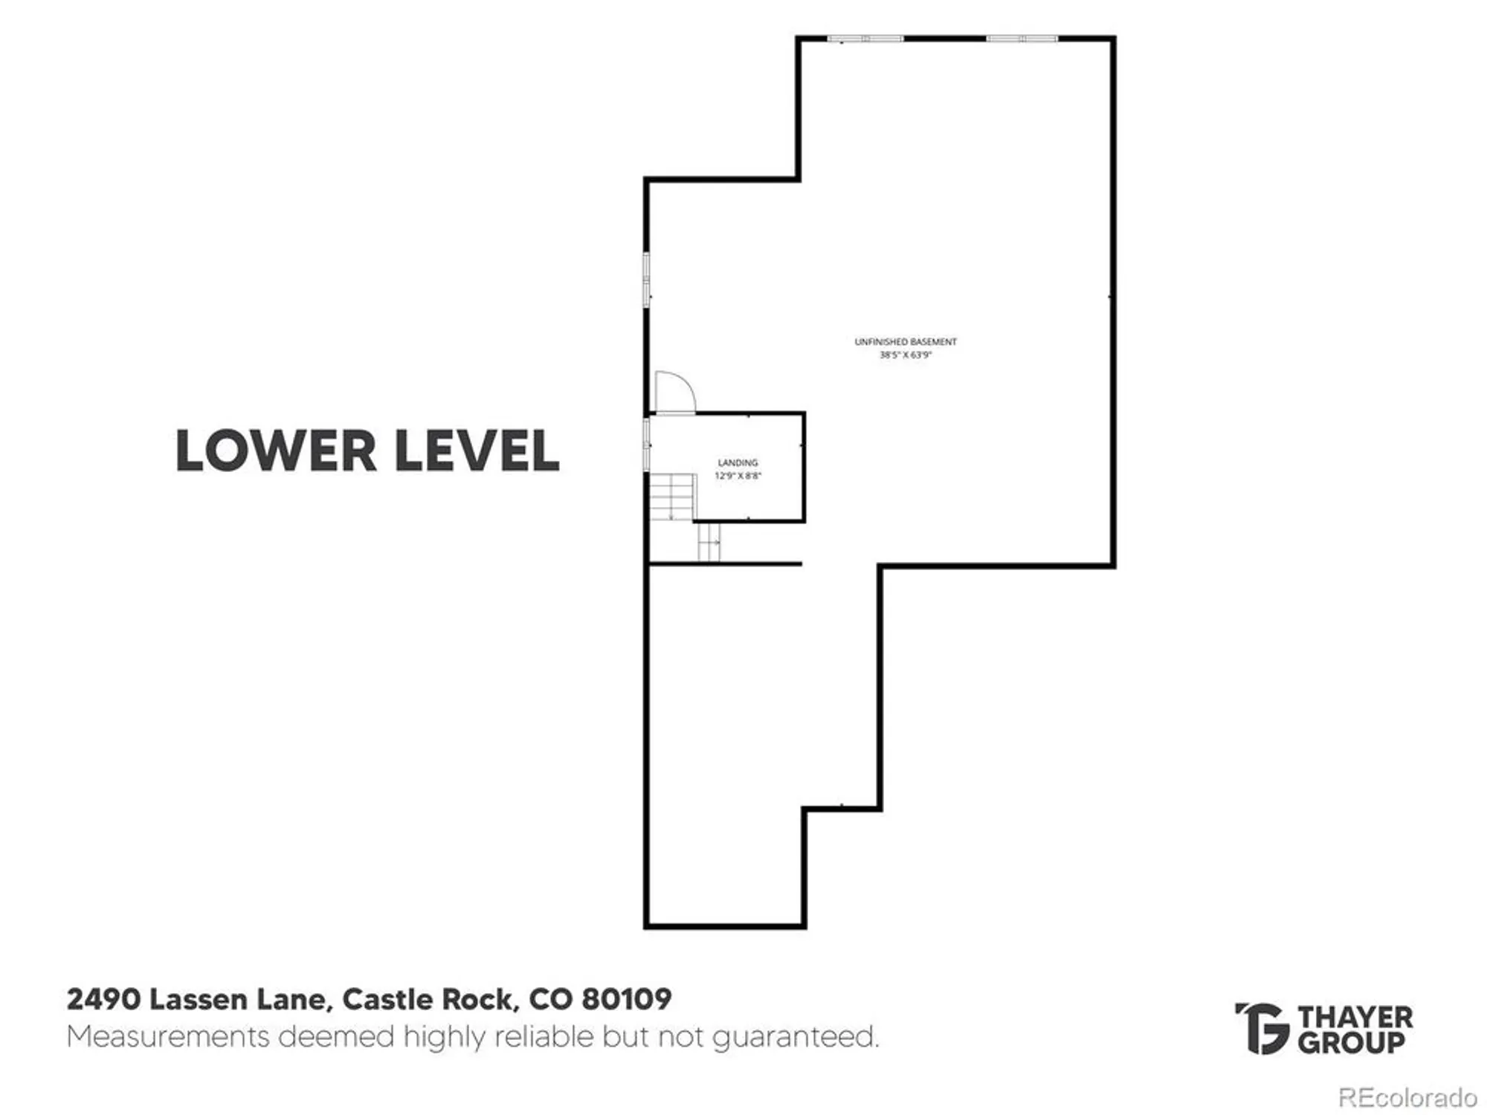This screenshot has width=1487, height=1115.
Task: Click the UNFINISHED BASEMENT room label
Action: tap(906, 342)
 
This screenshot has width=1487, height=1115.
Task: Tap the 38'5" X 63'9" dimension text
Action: tap(906, 355)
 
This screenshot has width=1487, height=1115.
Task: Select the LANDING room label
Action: tap(738, 462)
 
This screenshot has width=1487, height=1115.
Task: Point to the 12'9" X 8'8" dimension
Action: tap(738, 476)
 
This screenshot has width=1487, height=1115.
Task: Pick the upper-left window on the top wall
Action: tap(865, 39)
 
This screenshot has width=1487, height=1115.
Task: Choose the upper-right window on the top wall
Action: tap(1022, 39)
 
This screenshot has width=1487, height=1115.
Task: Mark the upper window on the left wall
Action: tap(647, 279)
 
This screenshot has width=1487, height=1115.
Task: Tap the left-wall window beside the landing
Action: tap(647, 444)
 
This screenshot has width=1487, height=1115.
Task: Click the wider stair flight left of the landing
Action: tap(672, 497)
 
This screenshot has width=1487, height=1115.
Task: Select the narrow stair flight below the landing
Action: tap(709, 542)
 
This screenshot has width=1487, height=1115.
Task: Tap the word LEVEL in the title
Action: tap(477, 450)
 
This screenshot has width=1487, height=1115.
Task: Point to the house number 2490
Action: tap(103, 999)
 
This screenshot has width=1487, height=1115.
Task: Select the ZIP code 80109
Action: tap(626, 999)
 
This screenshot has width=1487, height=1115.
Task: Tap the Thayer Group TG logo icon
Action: tap(1261, 1028)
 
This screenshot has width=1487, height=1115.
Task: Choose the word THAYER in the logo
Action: tap(1355, 1017)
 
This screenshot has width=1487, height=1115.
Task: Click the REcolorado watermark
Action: tap(1407, 1098)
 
